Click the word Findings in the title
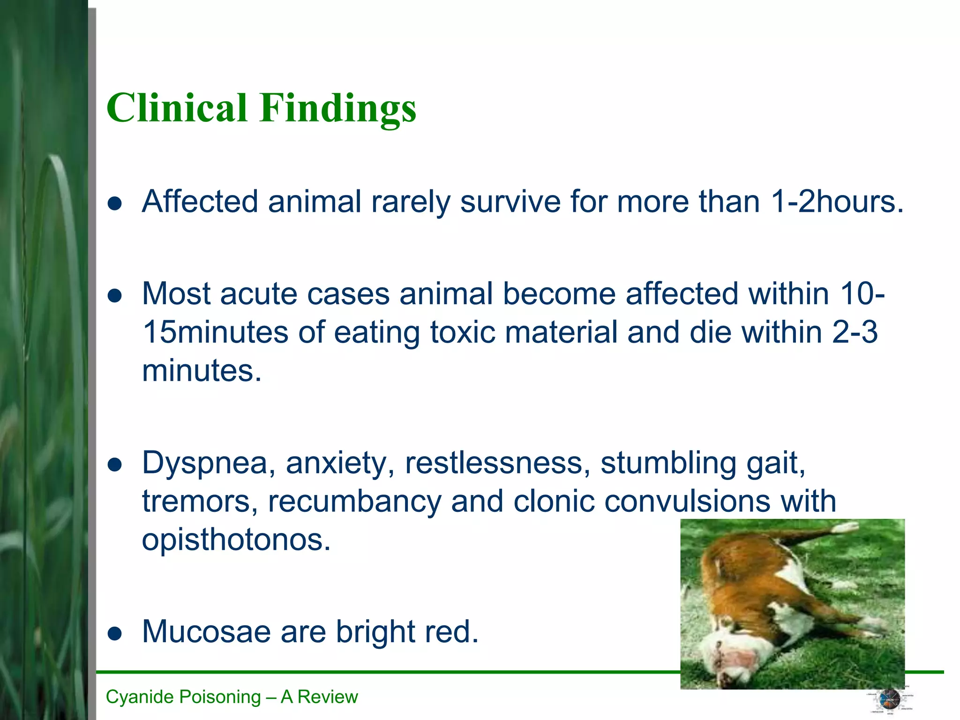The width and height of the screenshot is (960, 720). coord(338,109)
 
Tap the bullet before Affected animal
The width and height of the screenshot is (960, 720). coord(115,203)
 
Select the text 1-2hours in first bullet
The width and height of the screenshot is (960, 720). coord(837,202)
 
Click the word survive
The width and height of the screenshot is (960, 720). coord(510,202)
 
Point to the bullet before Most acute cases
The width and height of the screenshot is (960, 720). coord(115,296)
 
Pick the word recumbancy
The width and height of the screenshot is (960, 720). coord(354,501)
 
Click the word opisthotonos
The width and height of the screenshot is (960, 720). coord(236,540)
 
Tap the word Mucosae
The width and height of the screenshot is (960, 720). coord(206,631)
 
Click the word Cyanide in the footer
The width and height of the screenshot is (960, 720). coord(136,697)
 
